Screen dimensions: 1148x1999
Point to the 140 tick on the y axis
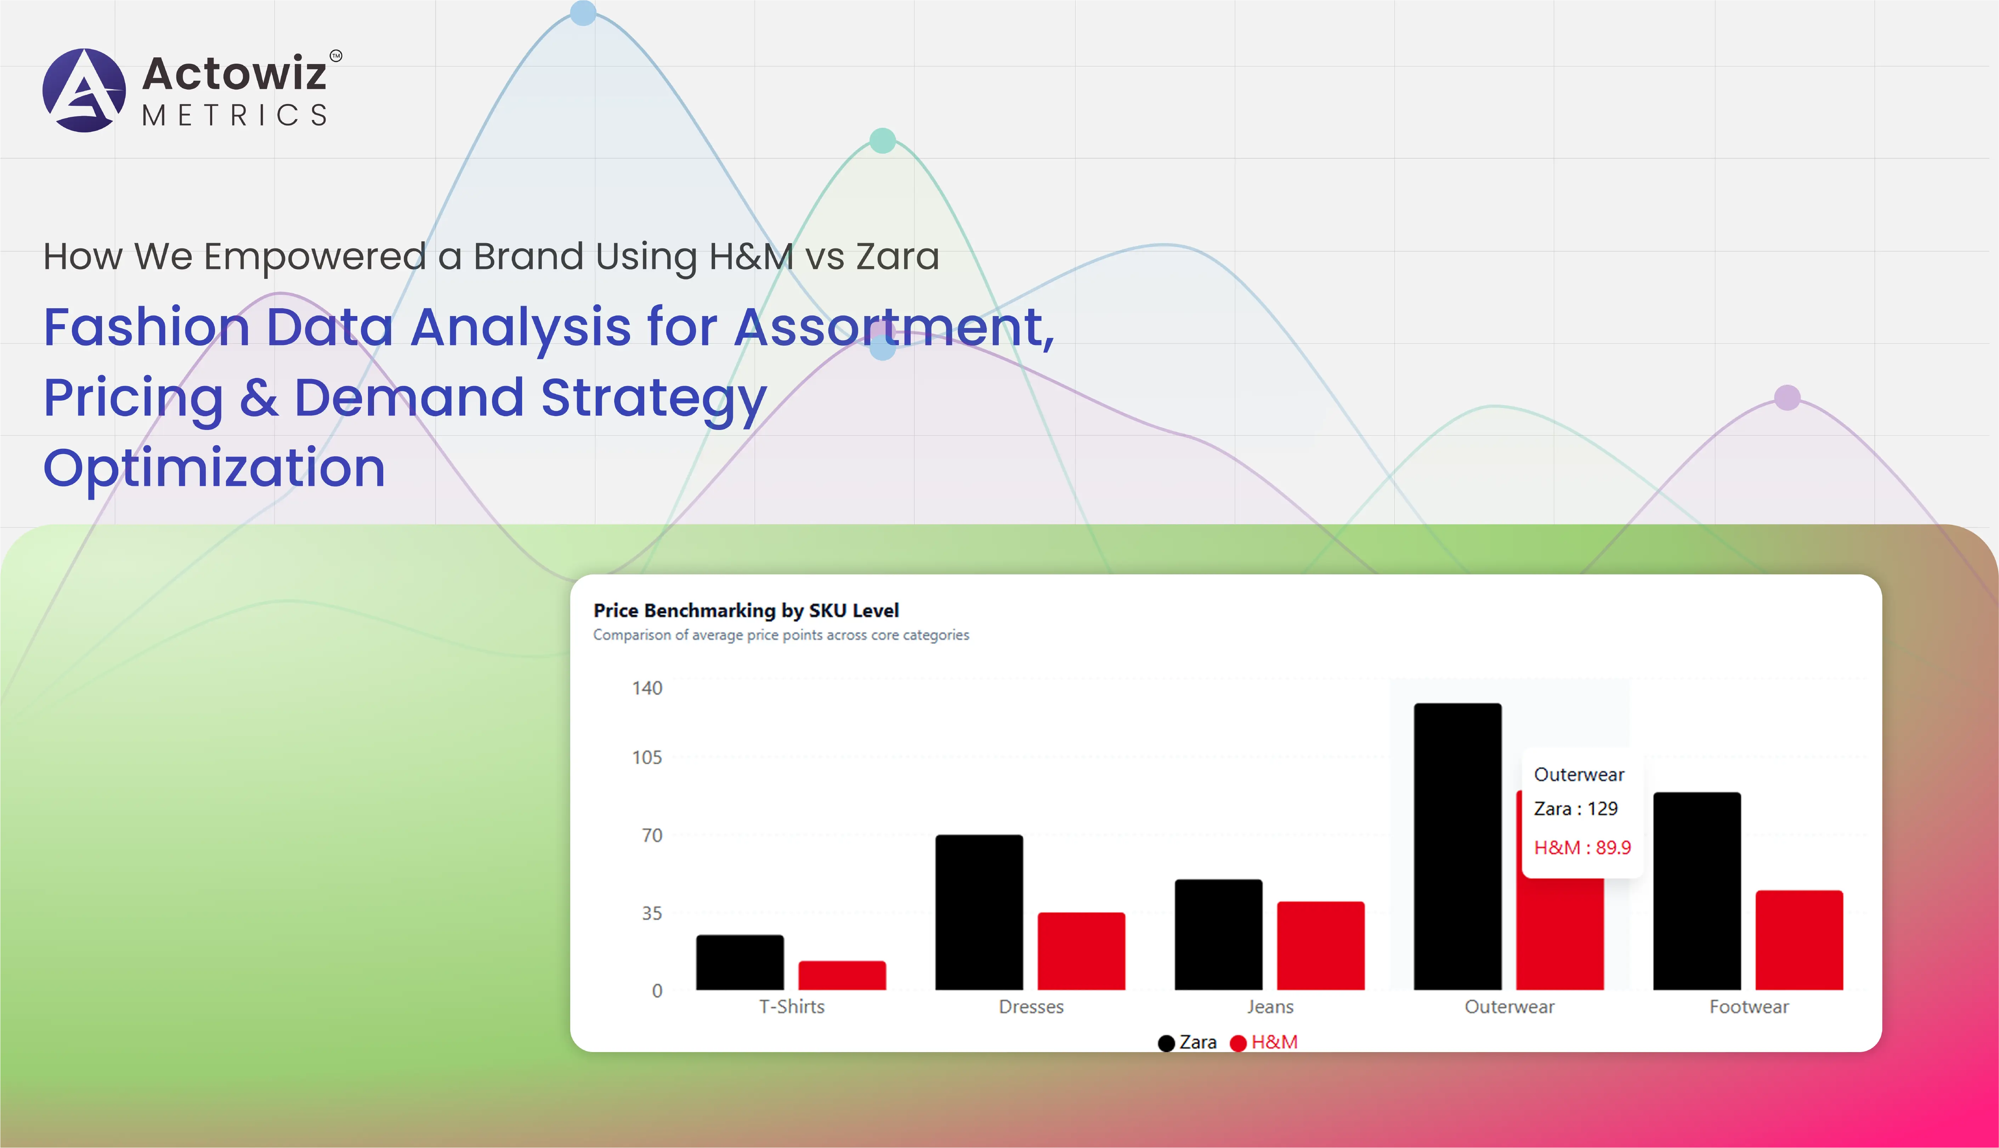pyautogui.click(x=647, y=688)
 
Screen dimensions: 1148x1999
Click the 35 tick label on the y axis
pyautogui.click(x=652, y=913)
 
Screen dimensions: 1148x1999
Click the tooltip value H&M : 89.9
pyautogui.click(x=1582, y=848)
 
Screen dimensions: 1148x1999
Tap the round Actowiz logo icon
pyautogui.click(x=84, y=90)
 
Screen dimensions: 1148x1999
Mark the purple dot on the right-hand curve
pyautogui.click(x=1787, y=397)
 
